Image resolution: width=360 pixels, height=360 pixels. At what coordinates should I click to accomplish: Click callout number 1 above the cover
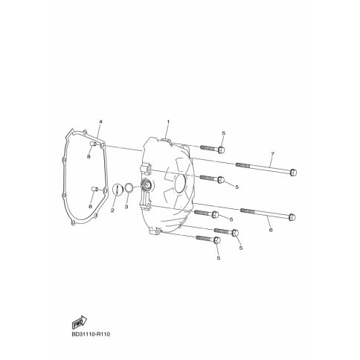click(x=168, y=122)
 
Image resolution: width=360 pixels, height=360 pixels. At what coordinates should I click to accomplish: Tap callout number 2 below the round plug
click(x=112, y=210)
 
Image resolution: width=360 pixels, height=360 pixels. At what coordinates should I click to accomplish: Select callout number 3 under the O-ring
click(x=126, y=207)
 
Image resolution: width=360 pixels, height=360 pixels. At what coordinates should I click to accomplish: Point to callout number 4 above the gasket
click(x=100, y=122)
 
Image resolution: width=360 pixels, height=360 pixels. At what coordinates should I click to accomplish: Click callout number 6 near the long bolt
click(x=271, y=230)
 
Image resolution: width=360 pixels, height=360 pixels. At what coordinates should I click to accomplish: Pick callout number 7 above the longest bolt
click(x=272, y=154)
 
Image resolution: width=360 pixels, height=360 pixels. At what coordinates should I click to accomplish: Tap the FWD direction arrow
click(x=80, y=323)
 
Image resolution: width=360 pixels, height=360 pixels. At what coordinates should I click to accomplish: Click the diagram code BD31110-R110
click(x=91, y=335)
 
